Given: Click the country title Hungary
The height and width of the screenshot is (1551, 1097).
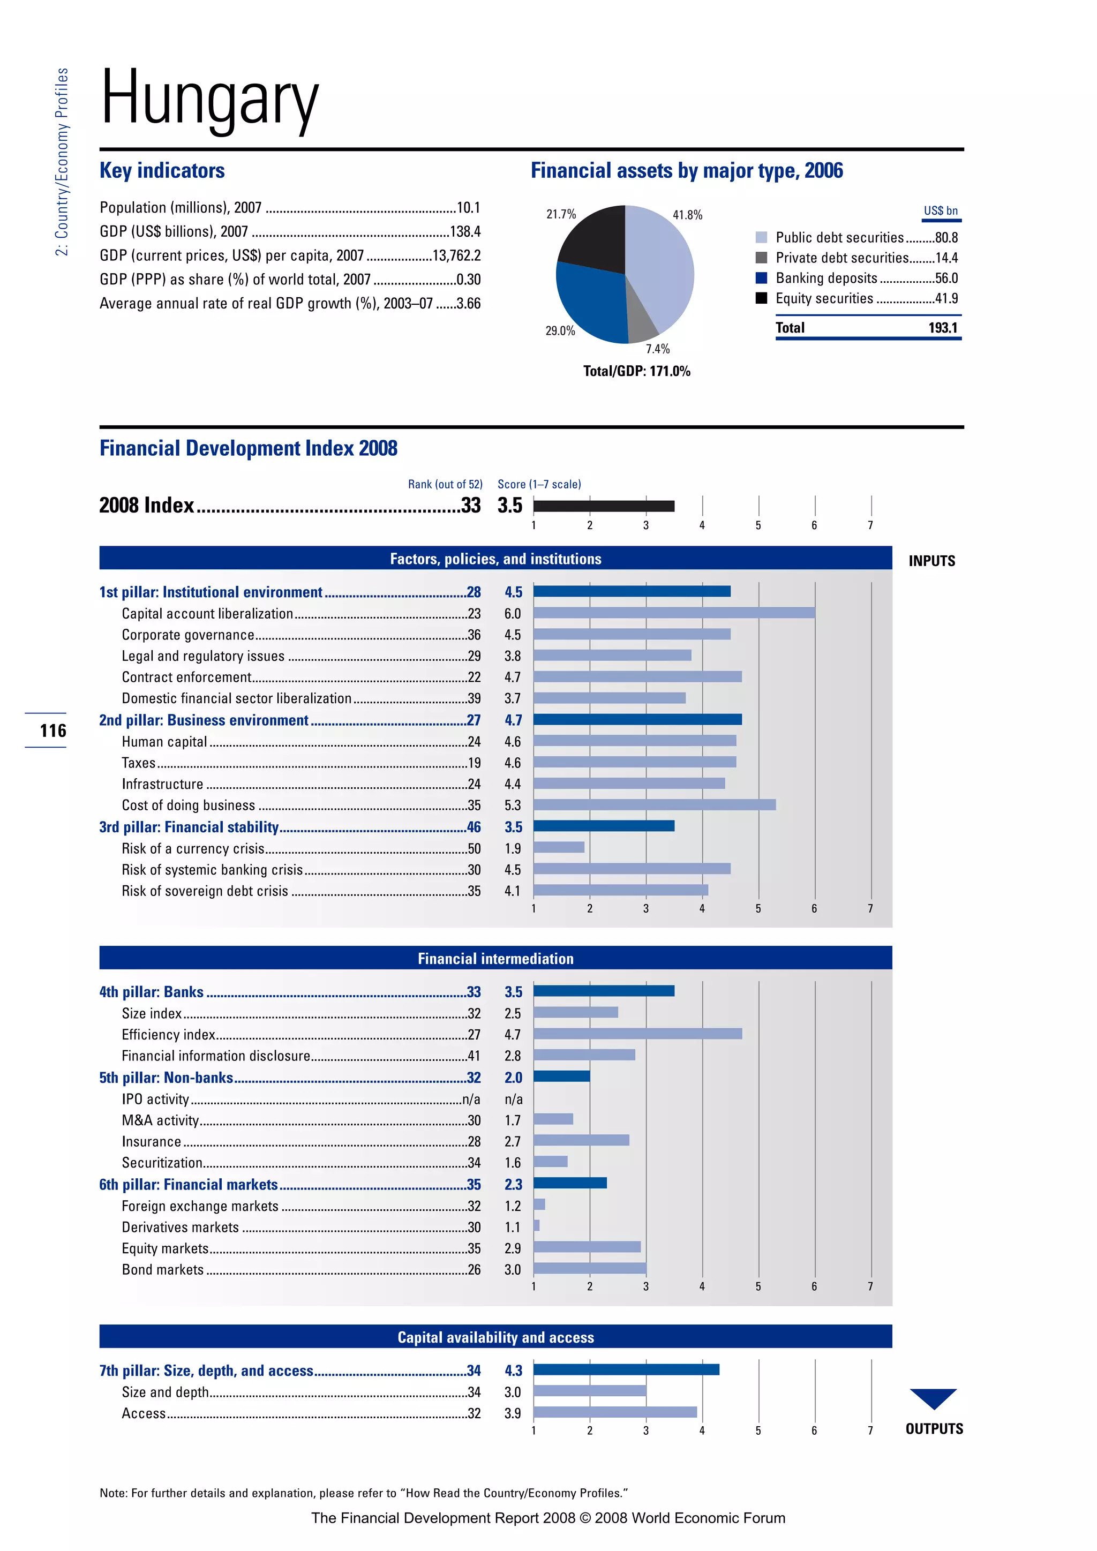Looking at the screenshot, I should pyautogui.click(x=209, y=100).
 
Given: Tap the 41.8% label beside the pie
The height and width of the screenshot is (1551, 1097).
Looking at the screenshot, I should pyautogui.click(x=687, y=215).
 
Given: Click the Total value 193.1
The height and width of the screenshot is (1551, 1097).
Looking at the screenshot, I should pyautogui.click(x=942, y=328).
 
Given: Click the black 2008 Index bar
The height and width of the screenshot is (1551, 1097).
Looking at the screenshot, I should pyautogui.click(x=603, y=506).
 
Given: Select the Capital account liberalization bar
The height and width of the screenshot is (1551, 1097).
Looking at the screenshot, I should pyautogui.click(x=673, y=613).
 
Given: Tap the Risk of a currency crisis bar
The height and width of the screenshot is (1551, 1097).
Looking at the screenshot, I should pyautogui.click(x=559, y=847).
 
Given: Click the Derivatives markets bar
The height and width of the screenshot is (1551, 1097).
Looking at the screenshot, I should pyautogui.click(x=536, y=1225).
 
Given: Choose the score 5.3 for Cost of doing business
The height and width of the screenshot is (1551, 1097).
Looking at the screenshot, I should pyautogui.click(x=512, y=805).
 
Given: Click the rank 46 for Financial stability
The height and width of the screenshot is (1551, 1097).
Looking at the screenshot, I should pyautogui.click(x=474, y=827).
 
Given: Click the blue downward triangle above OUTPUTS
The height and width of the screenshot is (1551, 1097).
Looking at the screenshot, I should pyautogui.click(x=933, y=1397).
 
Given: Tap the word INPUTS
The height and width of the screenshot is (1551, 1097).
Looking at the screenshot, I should pyautogui.click(x=931, y=561).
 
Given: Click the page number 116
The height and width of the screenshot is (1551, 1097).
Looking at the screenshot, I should pyautogui.click(x=52, y=730).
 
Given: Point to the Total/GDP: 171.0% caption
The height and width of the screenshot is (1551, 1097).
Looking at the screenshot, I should pyautogui.click(x=636, y=371).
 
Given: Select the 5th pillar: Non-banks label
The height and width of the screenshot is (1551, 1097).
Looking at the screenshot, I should pyautogui.click(x=166, y=1078).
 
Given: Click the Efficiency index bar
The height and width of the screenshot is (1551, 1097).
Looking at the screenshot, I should pyautogui.click(x=637, y=1034).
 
